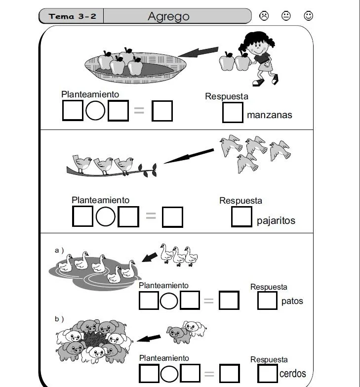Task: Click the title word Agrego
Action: click(x=168, y=16)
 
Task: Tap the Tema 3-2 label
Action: click(x=73, y=16)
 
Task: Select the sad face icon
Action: click(x=264, y=16)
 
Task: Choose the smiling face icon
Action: click(x=308, y=16)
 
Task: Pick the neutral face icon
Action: click(x=286, y=16)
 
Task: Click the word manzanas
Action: click(x=269, y=115)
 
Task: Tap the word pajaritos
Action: click(x=276, y=220)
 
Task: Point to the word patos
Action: click(x=292, y=301)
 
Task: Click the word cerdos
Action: click(x=292, y=374)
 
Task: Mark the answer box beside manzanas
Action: click(x=233, y=112)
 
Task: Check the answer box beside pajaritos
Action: click(x=241, y=217)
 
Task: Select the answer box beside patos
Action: click(x=267, y=301)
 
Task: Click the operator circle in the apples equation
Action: click(x=95, y=111)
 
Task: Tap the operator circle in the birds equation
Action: click(x=105, y=216)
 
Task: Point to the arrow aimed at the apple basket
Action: click(x=198, y=51)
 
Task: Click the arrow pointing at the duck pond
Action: click(x=150, y=257)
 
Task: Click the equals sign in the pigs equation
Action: click(x=209, y=374)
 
